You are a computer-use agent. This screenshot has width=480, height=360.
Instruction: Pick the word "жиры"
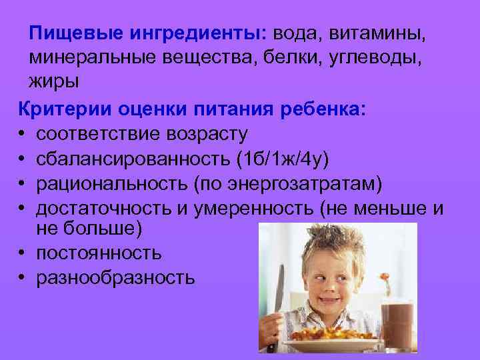[x=53, y=81]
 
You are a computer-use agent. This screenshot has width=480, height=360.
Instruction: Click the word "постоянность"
[x=99, y=253]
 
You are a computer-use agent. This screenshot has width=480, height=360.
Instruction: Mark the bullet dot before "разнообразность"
[x=23, y=278]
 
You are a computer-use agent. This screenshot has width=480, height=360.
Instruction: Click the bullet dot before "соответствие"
[x=23, y=134]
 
